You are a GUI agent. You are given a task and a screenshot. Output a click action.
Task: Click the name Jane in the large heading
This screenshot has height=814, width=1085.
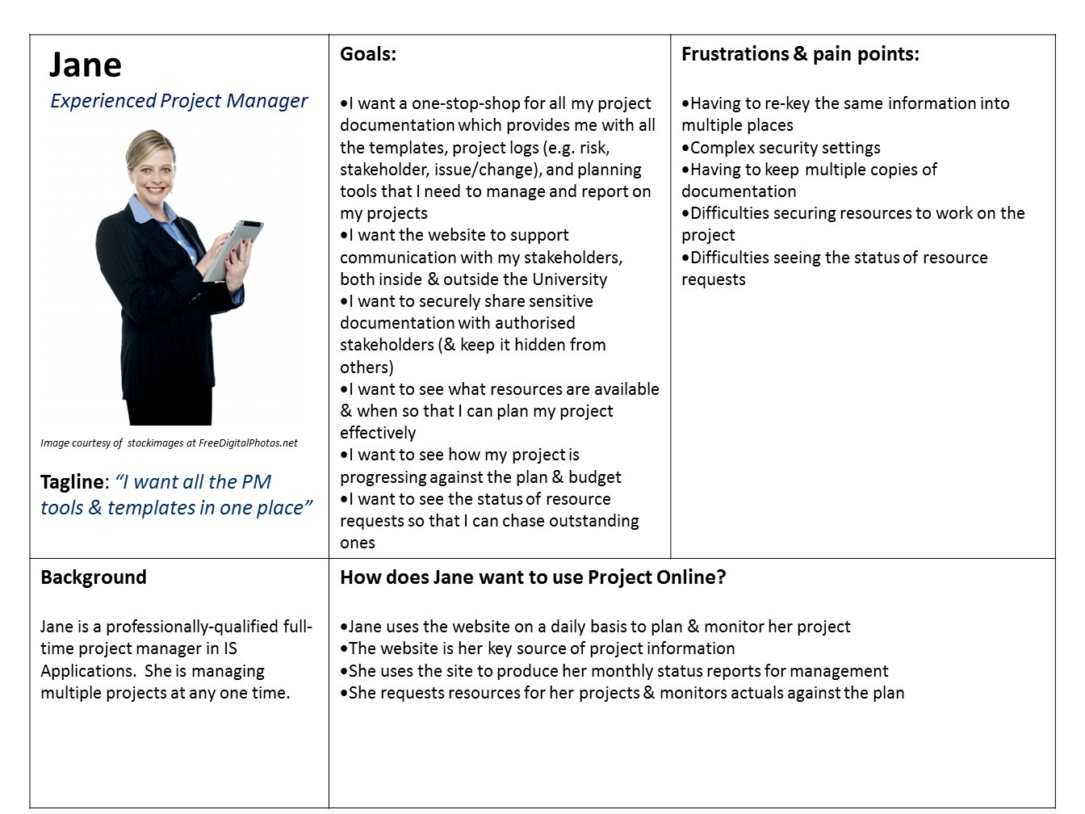[x=86, y=65]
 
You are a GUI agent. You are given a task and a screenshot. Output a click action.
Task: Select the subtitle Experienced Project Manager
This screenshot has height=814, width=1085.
[x=178, y=101]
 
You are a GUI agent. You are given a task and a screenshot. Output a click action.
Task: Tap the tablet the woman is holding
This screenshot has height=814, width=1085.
[x=235, y=249]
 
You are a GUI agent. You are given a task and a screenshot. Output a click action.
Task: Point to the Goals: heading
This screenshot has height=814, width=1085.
[x=368, y=54]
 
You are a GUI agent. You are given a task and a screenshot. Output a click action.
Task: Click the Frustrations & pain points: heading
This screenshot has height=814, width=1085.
[x=800, y=54]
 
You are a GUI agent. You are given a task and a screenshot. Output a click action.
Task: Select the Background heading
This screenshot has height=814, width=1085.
[x=94, y=577]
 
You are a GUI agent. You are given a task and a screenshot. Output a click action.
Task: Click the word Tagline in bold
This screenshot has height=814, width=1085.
[x=72, y=482]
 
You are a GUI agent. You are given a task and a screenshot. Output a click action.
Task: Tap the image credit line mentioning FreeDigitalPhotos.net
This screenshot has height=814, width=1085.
[x=169, y=443]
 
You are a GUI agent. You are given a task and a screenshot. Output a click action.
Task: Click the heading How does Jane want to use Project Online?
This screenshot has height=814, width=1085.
[x=533, y=577]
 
